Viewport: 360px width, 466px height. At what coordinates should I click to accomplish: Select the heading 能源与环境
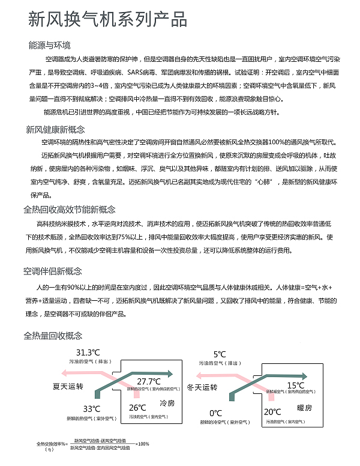(x=50, y=46)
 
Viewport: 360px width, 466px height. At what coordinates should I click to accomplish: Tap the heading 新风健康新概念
(x=55, y=129)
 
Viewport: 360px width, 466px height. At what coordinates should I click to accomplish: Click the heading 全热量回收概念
(x=53, y=335)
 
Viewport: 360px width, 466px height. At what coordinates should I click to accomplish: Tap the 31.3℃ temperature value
(x=87, y=353)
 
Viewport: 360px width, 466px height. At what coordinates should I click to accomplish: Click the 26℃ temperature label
(x=137, y=408)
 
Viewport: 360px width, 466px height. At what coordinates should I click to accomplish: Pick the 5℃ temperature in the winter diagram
(x=220, y=355)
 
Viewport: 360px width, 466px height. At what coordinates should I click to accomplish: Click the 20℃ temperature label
(x=273, y=411)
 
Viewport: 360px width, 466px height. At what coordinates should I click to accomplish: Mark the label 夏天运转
(x=68, y=386)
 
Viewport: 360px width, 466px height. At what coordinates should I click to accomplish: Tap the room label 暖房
(x=305, y=407)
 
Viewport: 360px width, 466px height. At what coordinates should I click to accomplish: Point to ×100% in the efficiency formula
(x=142, y=444)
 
